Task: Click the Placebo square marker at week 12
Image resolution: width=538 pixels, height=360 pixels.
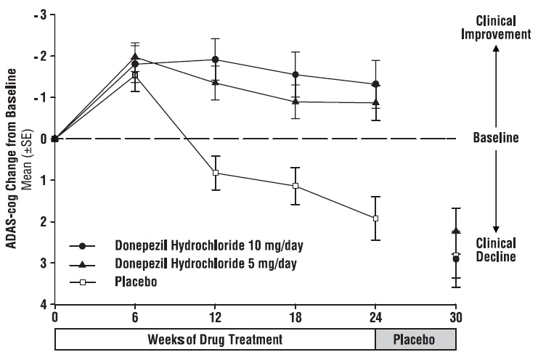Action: coord(216,173)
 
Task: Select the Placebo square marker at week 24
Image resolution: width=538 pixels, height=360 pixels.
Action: coord(376,218)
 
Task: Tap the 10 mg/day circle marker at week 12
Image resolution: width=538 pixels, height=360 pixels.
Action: coord(216,60)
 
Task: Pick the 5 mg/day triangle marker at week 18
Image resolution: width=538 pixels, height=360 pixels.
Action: coord(296,102)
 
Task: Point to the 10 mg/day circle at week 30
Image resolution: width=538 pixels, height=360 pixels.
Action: coord(456,259)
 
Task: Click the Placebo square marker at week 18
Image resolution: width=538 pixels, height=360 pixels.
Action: coord(296,186)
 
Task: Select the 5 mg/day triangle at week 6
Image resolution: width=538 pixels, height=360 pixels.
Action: coord(135,57)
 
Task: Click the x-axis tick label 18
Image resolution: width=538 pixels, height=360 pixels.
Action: coord(296,317)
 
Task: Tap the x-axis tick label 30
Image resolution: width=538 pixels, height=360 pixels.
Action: coord(456,317)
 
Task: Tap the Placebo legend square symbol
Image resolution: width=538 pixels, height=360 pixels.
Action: coord(86,279)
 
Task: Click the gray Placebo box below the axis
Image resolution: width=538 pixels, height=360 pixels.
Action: coord(416,339)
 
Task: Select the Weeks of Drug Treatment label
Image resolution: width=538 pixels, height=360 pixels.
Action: coord(216,339)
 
